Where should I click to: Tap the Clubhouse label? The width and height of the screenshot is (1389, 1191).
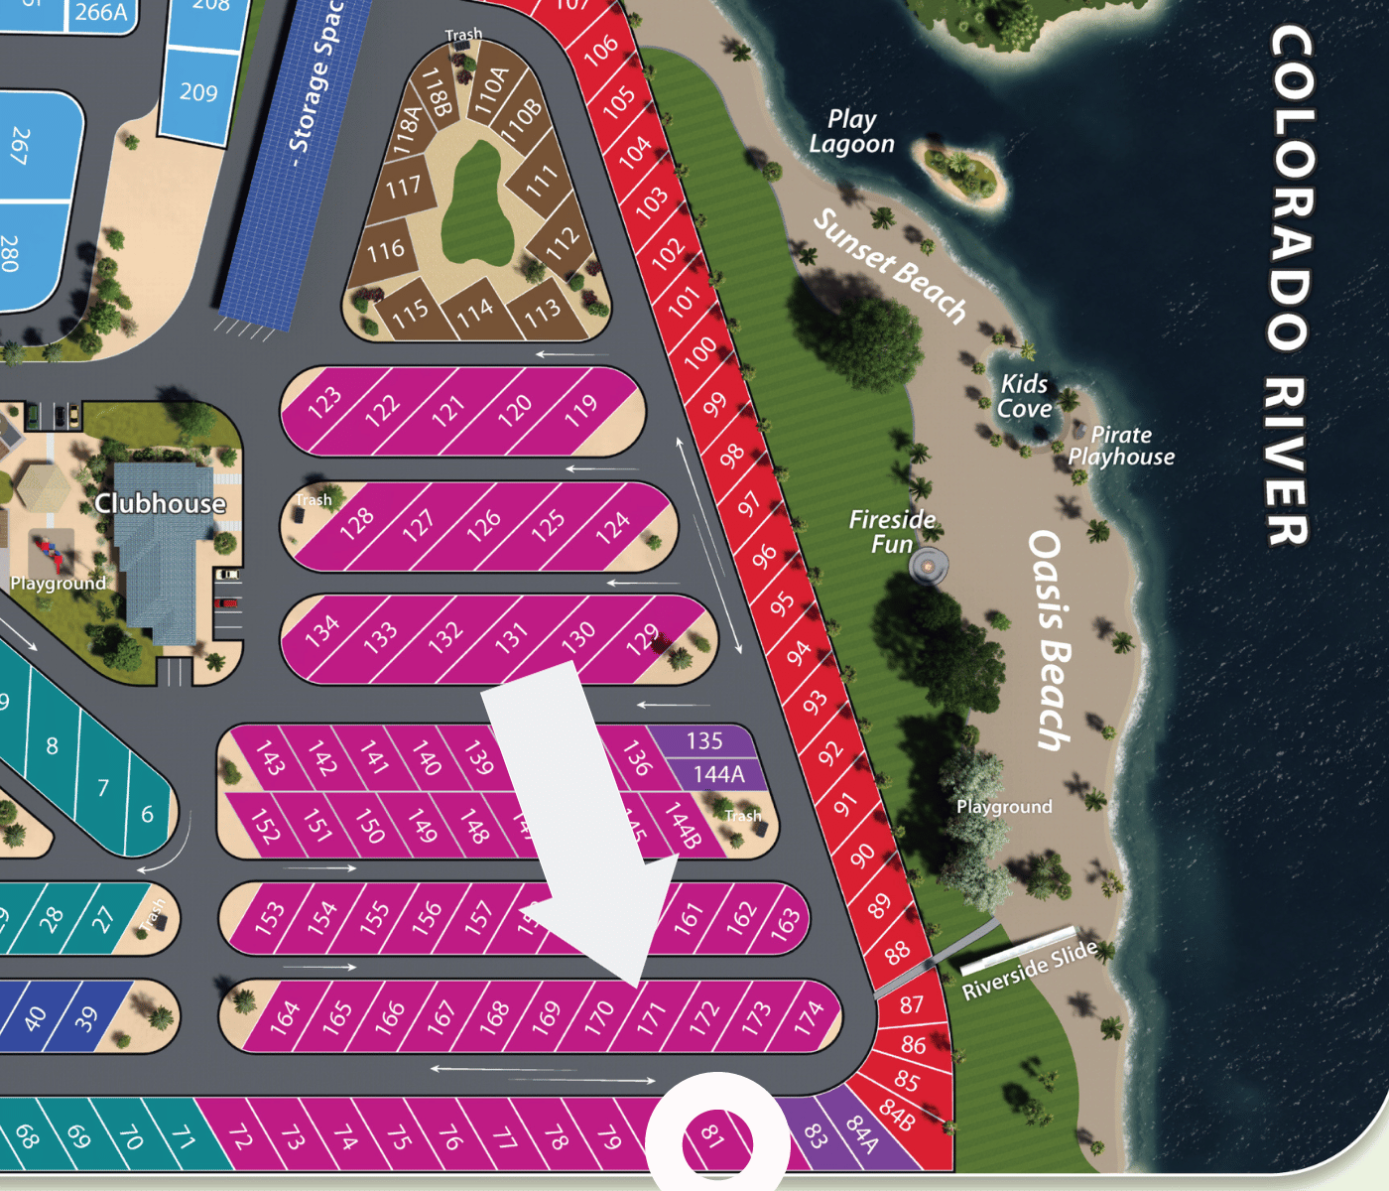[x=160, y=503]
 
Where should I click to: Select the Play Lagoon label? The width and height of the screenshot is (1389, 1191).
[x=851, y=132]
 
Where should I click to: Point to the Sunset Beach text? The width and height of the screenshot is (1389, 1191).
[x=889, y=265]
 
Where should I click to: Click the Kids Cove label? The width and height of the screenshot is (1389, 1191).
[x=1024, y=396]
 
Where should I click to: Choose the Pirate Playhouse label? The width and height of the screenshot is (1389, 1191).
[x=1121, y=446]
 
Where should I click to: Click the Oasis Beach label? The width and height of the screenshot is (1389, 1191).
[x=1050, y=640]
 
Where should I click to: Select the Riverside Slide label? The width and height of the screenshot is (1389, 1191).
[x=1029, y=969]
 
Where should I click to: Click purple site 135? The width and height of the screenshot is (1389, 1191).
[x=704, y=740]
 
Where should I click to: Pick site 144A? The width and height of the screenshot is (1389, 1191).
[x=718, y=774]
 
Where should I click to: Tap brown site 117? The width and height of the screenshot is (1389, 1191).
[x=403, y=187]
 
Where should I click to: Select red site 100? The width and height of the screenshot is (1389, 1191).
[x=699, y=351]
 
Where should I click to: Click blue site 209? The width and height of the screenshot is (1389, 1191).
[x=198, y=92]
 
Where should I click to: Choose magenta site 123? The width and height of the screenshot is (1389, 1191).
[x=323, y=403]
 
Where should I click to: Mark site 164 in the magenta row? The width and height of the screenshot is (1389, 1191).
[x=285, y=1017]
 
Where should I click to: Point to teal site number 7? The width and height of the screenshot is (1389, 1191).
[x=103, y=788]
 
